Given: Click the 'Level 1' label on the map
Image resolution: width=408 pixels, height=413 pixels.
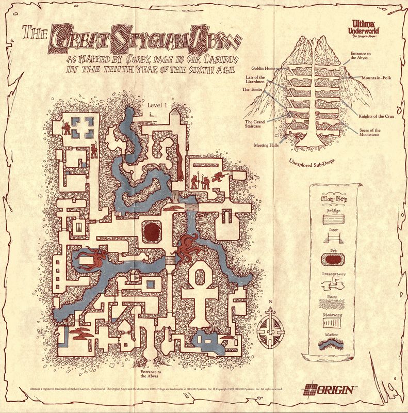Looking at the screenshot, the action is click(158, 105).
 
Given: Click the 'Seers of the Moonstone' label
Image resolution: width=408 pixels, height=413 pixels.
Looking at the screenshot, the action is click(369, 133).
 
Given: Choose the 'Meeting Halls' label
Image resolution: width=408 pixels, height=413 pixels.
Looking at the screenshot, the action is click(267, 145).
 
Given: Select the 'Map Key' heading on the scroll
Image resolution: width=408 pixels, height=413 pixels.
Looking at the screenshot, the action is click(334, 199).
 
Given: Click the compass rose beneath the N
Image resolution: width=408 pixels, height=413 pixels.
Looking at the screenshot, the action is click(273, 327).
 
